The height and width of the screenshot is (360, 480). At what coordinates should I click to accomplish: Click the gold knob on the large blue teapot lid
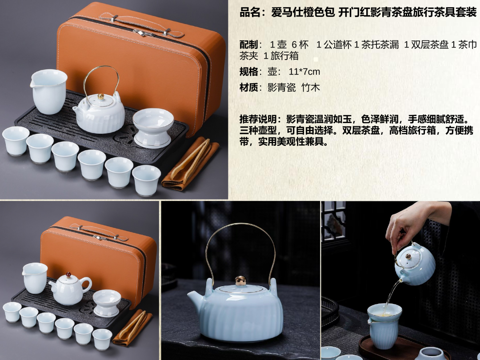[x=240, y=280]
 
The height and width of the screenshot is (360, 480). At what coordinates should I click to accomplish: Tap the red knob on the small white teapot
[x=68, y=275]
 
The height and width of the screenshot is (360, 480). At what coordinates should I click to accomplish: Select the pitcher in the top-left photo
[x=48, y=91]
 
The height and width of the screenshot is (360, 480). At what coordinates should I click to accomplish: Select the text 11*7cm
[x=304, y=72]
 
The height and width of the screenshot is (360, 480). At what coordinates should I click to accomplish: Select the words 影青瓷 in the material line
[x=282, y=88]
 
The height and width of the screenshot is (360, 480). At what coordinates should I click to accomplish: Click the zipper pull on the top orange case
[x=140, y=33]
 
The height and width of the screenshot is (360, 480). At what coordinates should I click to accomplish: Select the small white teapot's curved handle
[x=87, y=285]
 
